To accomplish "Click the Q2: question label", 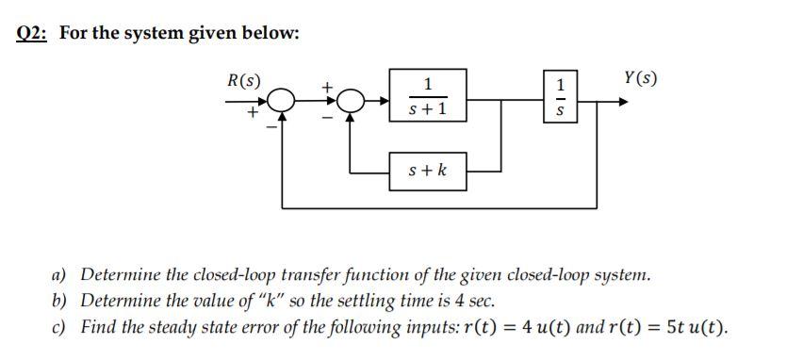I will click(36, 32).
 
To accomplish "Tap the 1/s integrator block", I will click(563, 98).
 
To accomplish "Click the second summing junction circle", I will click(351, 98).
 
